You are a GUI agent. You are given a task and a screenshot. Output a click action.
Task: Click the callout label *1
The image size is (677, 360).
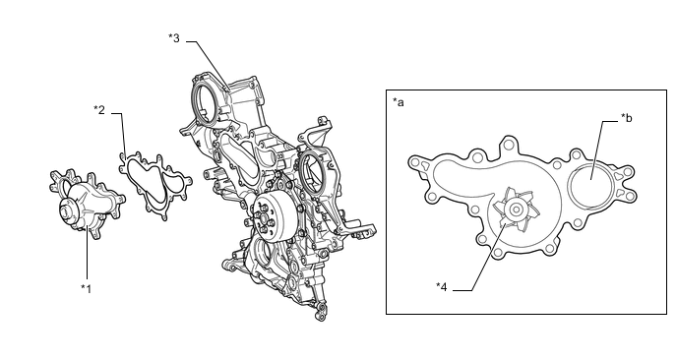pos(87,288)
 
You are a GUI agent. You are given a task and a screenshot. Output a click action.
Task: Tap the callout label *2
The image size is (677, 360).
pos(99,109)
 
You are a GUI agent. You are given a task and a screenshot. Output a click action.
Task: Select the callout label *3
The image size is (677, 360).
pos(173,38)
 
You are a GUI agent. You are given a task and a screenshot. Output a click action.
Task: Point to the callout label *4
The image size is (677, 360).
pos(441,286)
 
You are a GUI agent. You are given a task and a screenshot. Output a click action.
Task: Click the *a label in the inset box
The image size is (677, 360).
pos(399,102)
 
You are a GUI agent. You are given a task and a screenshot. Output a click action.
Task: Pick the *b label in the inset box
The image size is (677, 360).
pos(627,117)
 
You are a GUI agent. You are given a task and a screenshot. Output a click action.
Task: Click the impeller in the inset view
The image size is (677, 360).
pos(517,210)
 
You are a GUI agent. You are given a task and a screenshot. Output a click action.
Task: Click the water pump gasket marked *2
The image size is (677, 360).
pos(155,185)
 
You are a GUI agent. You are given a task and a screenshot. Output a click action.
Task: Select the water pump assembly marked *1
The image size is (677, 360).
pos(87,203)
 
